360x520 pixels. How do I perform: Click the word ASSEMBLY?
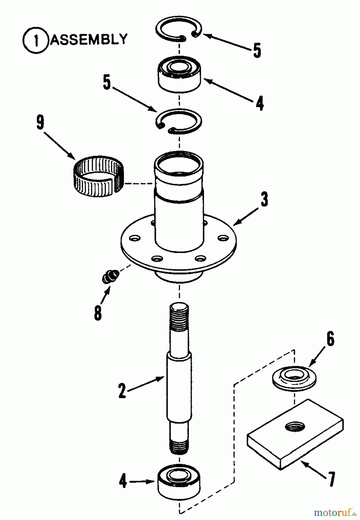tap(89, 39)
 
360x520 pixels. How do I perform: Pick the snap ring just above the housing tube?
tap(179, 121)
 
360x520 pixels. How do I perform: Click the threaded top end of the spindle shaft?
tap(179, 318)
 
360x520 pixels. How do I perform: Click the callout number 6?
tap(330, 339)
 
